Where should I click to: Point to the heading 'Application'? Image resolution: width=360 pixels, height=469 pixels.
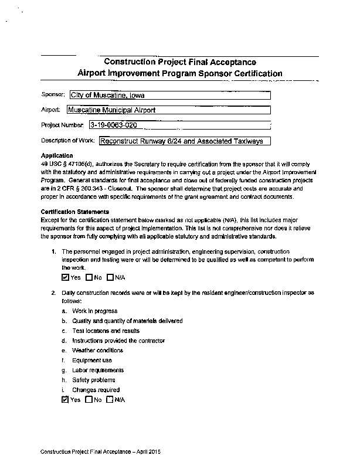pyautogui.click(x=57, y=155)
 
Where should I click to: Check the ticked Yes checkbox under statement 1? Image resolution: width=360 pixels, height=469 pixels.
pyautogui.click(x=65, y=277)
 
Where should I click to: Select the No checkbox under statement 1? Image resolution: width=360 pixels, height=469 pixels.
pyautogui.click(x=89, y=277)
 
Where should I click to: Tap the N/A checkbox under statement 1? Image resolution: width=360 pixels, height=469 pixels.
pyautogui.click(x=110, y=277)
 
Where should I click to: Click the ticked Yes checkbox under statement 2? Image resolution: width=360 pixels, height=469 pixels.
pyautogui.click(x=65, y=400)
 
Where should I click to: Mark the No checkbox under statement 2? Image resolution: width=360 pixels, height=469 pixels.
pyautogui.click(x=89, y=400)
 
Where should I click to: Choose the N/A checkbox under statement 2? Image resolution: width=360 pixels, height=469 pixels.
pyautogui.click(x=110, y=400)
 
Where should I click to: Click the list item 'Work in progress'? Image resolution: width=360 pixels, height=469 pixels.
pyautogui.click(x=94, y=311)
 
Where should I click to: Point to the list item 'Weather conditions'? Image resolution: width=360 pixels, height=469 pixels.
pyautogui.click(x=97, y=351)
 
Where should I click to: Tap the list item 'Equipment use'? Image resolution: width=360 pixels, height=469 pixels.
pyautogui.click(x=92, y=361)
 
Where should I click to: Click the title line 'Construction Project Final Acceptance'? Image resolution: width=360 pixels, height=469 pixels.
pyautogui.click(x=179, y=62)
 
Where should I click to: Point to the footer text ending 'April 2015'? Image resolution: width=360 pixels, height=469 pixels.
pyautogui.click(x=100, y=453)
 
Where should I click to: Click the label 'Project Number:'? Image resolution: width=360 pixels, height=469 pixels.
pyautogui.click(x=63, y=125)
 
